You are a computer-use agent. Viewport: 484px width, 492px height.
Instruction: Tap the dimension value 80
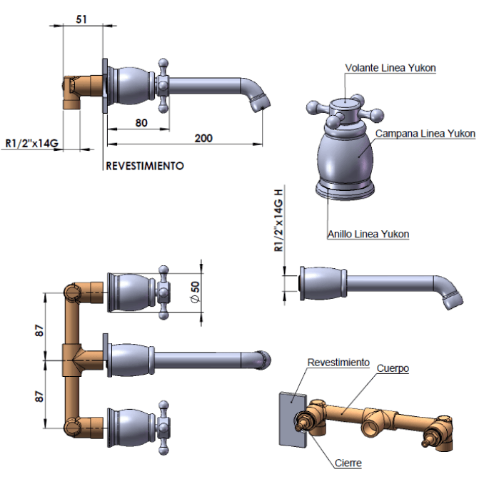141,122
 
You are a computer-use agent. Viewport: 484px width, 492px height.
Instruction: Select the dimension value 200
203,138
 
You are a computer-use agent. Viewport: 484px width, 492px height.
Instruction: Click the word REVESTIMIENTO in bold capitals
145,166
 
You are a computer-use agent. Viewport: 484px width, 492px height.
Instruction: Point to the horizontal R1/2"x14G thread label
32,143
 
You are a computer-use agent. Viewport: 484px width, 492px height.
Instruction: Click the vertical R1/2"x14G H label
278,220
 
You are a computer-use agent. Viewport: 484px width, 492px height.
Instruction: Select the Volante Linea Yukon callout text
390,68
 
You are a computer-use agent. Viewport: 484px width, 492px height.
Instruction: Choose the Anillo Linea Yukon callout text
368,234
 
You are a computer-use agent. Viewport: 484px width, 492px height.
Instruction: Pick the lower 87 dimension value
40,393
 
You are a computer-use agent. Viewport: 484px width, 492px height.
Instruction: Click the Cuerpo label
392,368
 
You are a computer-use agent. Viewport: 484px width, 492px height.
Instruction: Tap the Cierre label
348,463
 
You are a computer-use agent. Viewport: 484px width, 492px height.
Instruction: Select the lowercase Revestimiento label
338,363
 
